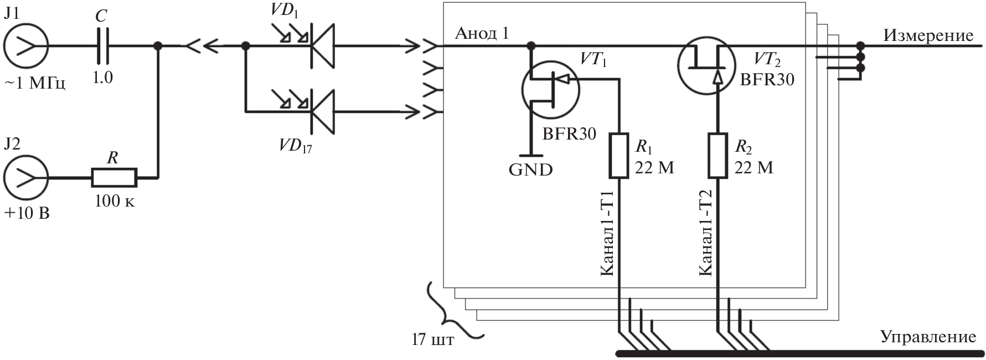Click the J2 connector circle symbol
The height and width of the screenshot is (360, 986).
(26, 178)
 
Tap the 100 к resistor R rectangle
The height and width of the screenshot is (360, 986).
(113, 178)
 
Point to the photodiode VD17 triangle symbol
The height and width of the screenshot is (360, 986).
(322, 111)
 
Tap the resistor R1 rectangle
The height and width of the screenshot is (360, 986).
(618, 156)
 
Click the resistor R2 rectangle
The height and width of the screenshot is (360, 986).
(718, 156)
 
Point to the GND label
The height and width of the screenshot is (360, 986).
(530, 169)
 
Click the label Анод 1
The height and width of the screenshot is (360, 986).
(482, 34)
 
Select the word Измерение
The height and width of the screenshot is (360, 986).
(928, 35)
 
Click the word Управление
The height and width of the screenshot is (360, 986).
(928, 337)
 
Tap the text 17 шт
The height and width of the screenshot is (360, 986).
(432, 339)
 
